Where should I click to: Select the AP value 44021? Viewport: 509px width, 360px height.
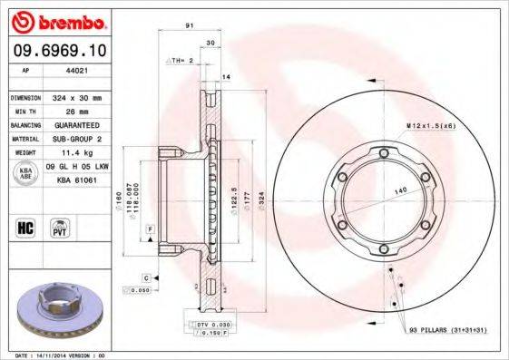[72, 70]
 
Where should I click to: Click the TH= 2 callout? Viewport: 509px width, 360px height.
[181, 60]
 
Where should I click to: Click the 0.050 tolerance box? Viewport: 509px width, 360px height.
[137, 290]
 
